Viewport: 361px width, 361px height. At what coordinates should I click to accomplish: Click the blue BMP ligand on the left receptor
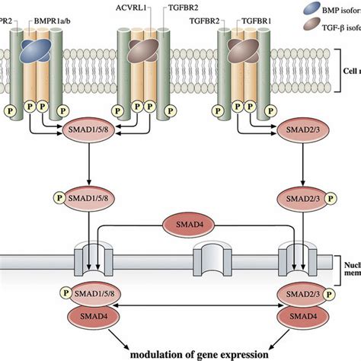coord(36,51)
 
